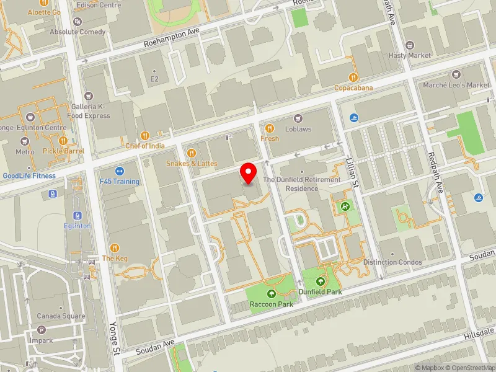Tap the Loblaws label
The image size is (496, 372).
click(x=299, y=129)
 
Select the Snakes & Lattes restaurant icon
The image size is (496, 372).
click(x=192, y=153)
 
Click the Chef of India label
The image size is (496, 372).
click(x=145, y=146)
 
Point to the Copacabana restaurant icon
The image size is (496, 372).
click(x=353, y=77)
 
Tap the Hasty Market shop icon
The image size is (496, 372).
click(x=409, y=45)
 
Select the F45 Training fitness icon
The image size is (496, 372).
click(x=120, y=171)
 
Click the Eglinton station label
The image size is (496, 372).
click(x=77, y=226)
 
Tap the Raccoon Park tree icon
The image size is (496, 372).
click(x=271, y=294)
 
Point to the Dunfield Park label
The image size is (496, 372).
click(x=320, y=291)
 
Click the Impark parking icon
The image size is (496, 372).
click(x=41, y=330)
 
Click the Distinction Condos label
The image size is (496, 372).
click(x=392, y=262)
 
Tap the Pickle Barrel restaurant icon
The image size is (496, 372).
click(x=63, y=140)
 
